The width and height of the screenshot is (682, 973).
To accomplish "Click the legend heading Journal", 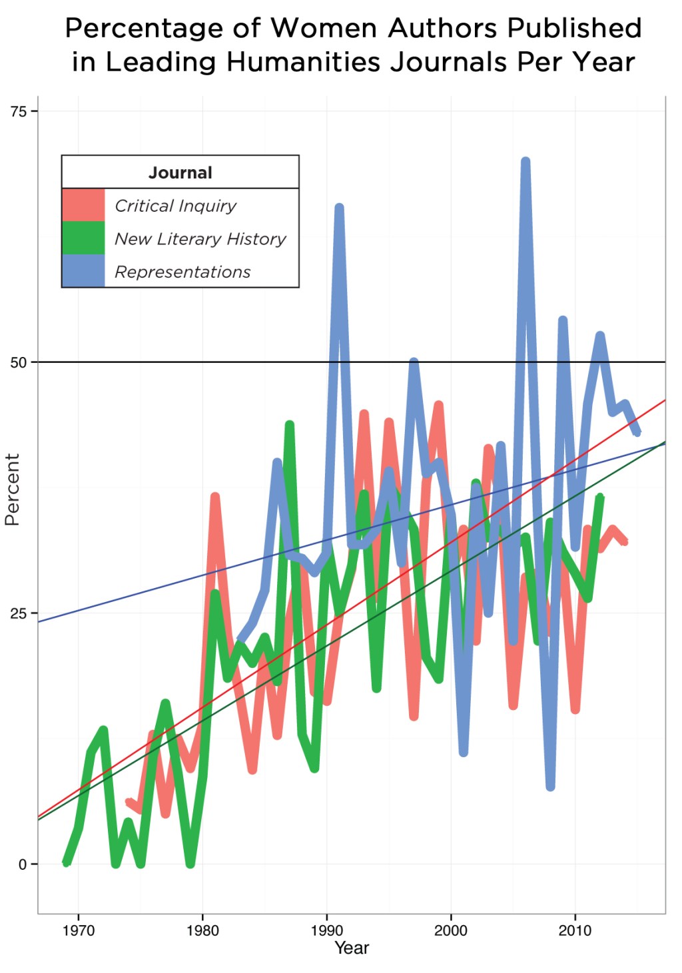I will tap(180, 172).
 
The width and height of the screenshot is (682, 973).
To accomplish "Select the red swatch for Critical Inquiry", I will tap(83, 205).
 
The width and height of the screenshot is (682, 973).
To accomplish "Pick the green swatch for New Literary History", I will tap(83, 238).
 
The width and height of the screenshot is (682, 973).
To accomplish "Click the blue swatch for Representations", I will tap(83, 270).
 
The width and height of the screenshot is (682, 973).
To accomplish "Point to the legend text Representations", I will tap(182, 272).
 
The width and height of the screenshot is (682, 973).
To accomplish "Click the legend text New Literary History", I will tap(200, 238).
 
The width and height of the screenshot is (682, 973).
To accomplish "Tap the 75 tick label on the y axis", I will tap(19, 112).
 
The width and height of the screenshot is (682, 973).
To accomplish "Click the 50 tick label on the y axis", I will tap(19, 363).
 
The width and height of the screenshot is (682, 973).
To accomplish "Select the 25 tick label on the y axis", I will tap(19, 613).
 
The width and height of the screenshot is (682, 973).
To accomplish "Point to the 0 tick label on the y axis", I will tap(23, 864).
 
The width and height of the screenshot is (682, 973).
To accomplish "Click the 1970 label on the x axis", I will tap(79, 930).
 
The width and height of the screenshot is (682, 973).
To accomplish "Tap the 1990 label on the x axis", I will tap(326, 930).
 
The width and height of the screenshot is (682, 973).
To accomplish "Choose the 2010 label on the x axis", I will tap(575, 930).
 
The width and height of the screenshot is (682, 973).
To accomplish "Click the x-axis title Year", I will tap(351, 948).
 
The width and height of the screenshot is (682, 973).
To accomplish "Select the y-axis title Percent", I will tap(12, 489).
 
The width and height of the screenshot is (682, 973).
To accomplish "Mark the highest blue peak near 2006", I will tap(525, 162).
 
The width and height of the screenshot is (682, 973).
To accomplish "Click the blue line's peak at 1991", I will tap(339, 208).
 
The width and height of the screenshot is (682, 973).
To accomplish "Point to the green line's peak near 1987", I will tap(290, 425).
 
